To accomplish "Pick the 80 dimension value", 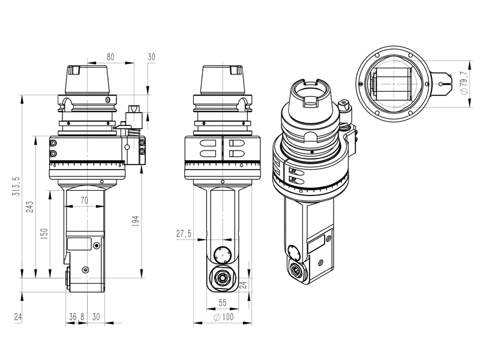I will point(110,57).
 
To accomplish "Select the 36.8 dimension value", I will point(76,316).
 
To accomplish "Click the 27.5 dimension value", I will point(184,234).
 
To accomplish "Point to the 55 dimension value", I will point(222,303).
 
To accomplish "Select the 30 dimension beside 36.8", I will point(96,316).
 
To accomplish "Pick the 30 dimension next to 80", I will point(151,57).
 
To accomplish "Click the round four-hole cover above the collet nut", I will point(222,254).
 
